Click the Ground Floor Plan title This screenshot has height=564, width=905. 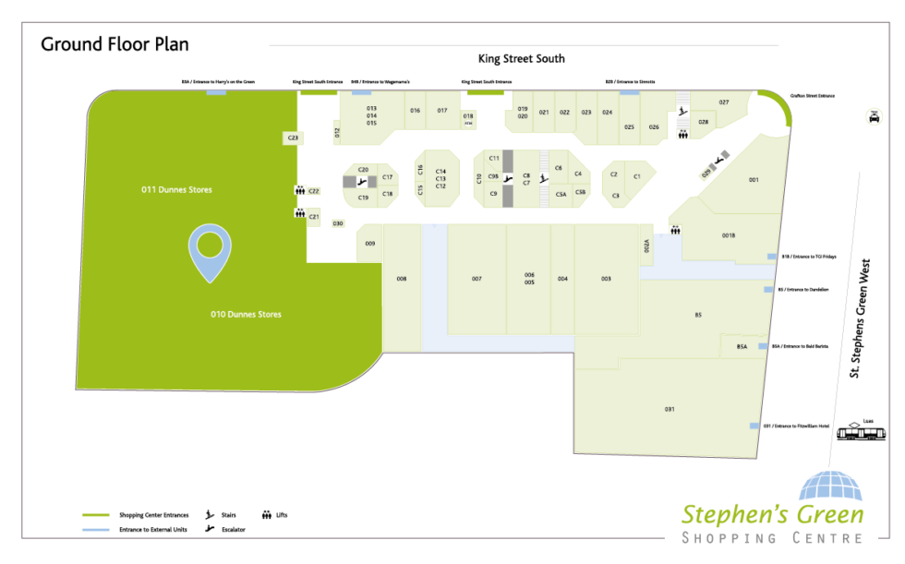click(x=115, y=44)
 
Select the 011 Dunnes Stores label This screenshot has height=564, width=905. click(x=176, y=190)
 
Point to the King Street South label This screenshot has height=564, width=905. click(x=521, y=59)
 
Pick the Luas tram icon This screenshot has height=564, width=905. click(x=866, y=433)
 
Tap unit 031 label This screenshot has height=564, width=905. click(x=670, y=408)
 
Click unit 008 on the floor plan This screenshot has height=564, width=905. click(x=402, y=279)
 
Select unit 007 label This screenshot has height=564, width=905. click(x=477, y=279)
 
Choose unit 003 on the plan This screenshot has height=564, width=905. click(x=606, y=279)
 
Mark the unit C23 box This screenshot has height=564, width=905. click(x=293, y=138)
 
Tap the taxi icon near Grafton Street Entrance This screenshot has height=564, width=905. click(x=872, y=116)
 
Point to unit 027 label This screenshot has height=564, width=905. click(x=724, y=102)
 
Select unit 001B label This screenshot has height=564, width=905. click(x=729, y=236)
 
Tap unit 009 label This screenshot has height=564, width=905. click(x=369, y=244)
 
